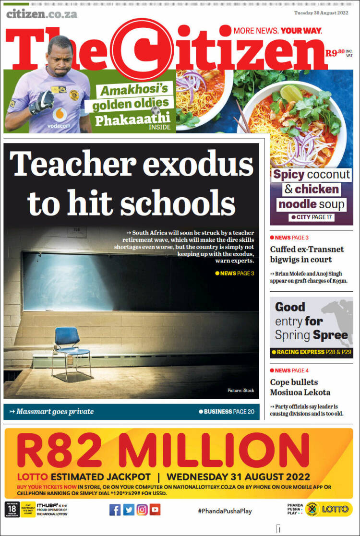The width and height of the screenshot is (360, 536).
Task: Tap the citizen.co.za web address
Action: (x=42, y=13)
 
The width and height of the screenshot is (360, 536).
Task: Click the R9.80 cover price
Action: (x=335, y=53)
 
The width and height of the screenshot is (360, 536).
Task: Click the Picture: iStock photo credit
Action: (x=240, y=391)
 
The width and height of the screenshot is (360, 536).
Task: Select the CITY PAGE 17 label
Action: (x=312, y=217)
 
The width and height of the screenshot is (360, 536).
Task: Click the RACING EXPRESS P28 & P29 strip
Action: (x=311, y=352)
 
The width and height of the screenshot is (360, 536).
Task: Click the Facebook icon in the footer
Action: (x=115, y=510)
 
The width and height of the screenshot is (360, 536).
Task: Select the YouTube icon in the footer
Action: (x=155, y=510)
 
